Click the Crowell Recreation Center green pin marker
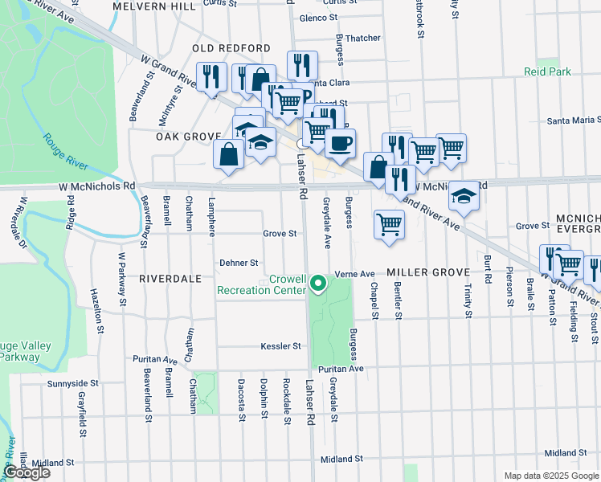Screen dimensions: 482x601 click(318, 283)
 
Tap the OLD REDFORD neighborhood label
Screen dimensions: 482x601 click(224, 49)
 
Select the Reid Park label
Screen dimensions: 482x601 click(547, 72)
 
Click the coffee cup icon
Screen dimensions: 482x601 click(341, 143)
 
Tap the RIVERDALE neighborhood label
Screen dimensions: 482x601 click(170, 278)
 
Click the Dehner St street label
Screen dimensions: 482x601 click(239, 263)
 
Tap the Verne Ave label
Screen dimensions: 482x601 click(355, 273)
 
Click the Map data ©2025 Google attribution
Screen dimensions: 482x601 click(551, 476)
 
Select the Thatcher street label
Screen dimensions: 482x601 click(362, 38)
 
